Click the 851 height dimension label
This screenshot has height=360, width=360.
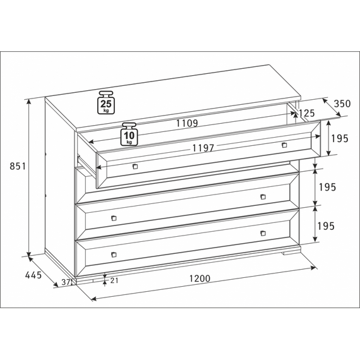coord(18,166)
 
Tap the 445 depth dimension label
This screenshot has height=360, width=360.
coord(33,275)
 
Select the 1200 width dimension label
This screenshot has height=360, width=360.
coord(200,279)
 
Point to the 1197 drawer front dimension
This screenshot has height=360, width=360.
coord(203,148)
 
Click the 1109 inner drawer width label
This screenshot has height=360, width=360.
coord(187,123)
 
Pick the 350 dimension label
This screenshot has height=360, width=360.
coord(342,104)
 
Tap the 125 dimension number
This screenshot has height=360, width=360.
coord(307,113)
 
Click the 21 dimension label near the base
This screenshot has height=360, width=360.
coord(114,280)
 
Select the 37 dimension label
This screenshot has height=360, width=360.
coord(66,282)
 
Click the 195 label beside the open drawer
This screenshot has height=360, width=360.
coord(340,138)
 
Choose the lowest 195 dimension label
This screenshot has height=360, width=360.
coord(326,226)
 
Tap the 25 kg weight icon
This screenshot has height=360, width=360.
coord(106,102)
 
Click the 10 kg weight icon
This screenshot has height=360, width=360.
coord(129,134)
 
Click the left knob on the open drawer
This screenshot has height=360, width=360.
coord(135,166)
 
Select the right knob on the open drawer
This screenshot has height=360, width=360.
coord(284,145)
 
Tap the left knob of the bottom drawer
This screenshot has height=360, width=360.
coord(114,255)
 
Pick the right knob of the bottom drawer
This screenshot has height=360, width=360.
coord(263,233)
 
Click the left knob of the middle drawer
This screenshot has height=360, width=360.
coord(114,218)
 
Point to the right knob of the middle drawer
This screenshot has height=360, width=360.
coord(263,196)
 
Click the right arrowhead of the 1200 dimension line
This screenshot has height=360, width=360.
coord(313,268)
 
